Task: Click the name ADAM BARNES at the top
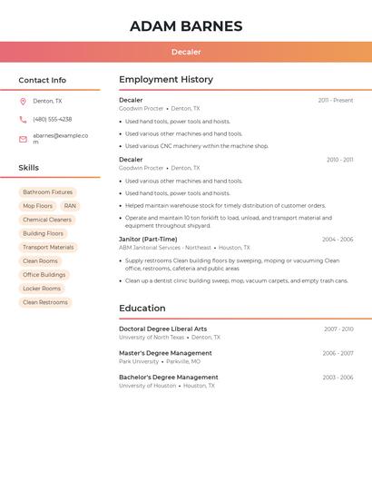[186, 26]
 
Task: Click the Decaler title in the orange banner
[186, 52]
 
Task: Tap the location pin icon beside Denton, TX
[23, 102]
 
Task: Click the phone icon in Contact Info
[23, 120]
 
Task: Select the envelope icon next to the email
[23, 139]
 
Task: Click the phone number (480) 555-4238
[53, 120]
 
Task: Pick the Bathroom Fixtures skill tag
[48, 192]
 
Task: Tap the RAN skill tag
[70, 206]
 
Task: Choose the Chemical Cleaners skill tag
[47, 220]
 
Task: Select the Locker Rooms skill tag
[42, 289]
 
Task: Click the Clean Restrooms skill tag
[45, 302]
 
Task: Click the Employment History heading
[166, 80]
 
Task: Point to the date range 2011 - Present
[336, 101]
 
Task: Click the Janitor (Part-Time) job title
[148, 240]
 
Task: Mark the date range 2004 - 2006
[338, 240]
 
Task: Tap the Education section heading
[142, 309]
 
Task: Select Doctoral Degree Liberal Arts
[162, 329]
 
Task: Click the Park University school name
[139, 361]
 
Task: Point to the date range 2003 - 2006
[338, 378]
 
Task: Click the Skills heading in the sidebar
[29, 168]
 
